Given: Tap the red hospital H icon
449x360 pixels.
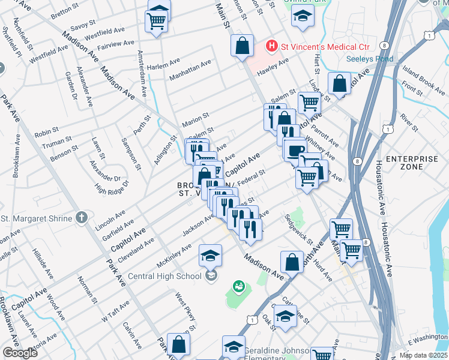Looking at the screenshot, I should pyautogui.click(x=272, y=46).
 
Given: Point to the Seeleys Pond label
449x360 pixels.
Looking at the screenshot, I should pyautogui.click(x=370, y=59).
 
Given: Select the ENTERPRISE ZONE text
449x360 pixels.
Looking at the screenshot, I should pyautogui.click(x=405, y=163).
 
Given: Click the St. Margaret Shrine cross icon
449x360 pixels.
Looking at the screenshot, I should pyautogui.click(x=83, y=218).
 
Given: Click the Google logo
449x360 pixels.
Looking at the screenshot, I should pyautogui.click(x=19, y=353).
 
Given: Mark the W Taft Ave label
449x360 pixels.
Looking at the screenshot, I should pyautogui.click(x=116, y=312).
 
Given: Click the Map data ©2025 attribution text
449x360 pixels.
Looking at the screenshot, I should pyautogui.click(x=423, y=355).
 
